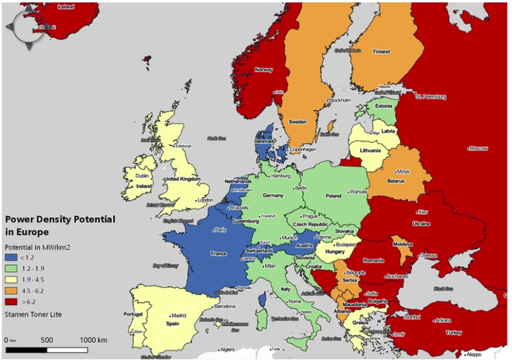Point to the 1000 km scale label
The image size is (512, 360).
[93, 340]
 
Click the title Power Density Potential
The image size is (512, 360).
[60, 219]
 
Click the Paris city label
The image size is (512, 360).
[220, 230]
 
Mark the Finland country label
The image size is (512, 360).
[381, 51]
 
